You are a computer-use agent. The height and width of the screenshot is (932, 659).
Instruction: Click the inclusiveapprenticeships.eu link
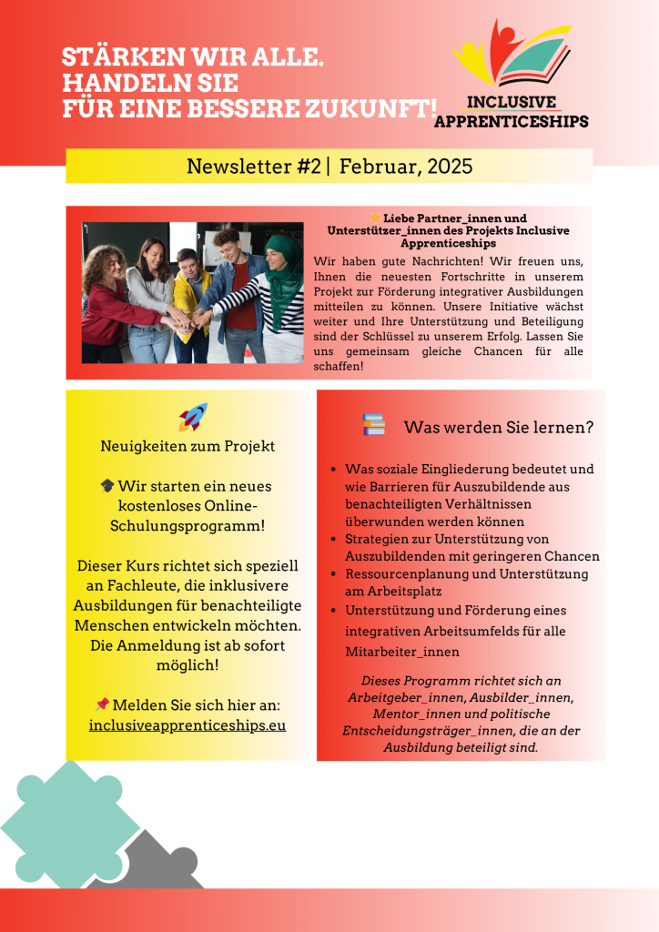188,725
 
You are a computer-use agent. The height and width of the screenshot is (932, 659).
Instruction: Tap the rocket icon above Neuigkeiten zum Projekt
193,417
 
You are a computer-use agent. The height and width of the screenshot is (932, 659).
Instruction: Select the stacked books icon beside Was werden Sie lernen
374,425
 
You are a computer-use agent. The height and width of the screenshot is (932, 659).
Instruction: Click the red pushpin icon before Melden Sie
102,704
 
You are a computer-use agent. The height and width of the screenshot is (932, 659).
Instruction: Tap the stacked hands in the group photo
182,316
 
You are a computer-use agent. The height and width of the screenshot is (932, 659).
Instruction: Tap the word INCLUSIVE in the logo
512,103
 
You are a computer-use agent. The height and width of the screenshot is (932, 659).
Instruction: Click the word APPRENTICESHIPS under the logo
512,121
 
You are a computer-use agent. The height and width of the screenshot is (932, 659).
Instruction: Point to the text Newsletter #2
250,167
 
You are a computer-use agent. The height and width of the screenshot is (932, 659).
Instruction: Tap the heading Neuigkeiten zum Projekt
188,446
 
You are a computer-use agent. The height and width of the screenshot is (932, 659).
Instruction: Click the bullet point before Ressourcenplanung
335,574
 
